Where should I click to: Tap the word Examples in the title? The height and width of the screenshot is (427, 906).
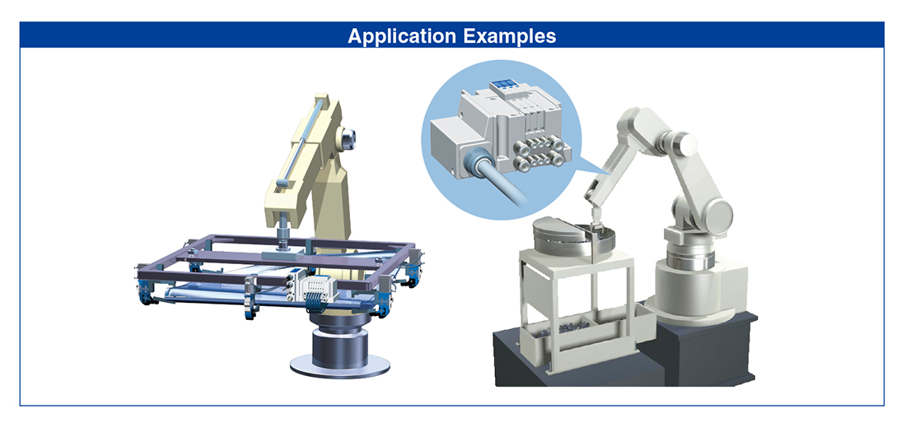click(510, 35)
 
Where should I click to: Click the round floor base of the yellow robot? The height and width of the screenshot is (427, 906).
click(339, 364)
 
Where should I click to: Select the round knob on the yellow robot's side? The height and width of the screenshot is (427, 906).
click(348, 138)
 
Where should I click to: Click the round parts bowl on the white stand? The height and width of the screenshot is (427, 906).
click(572, 239)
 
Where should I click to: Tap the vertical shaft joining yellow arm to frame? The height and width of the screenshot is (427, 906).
click(284, 234)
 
